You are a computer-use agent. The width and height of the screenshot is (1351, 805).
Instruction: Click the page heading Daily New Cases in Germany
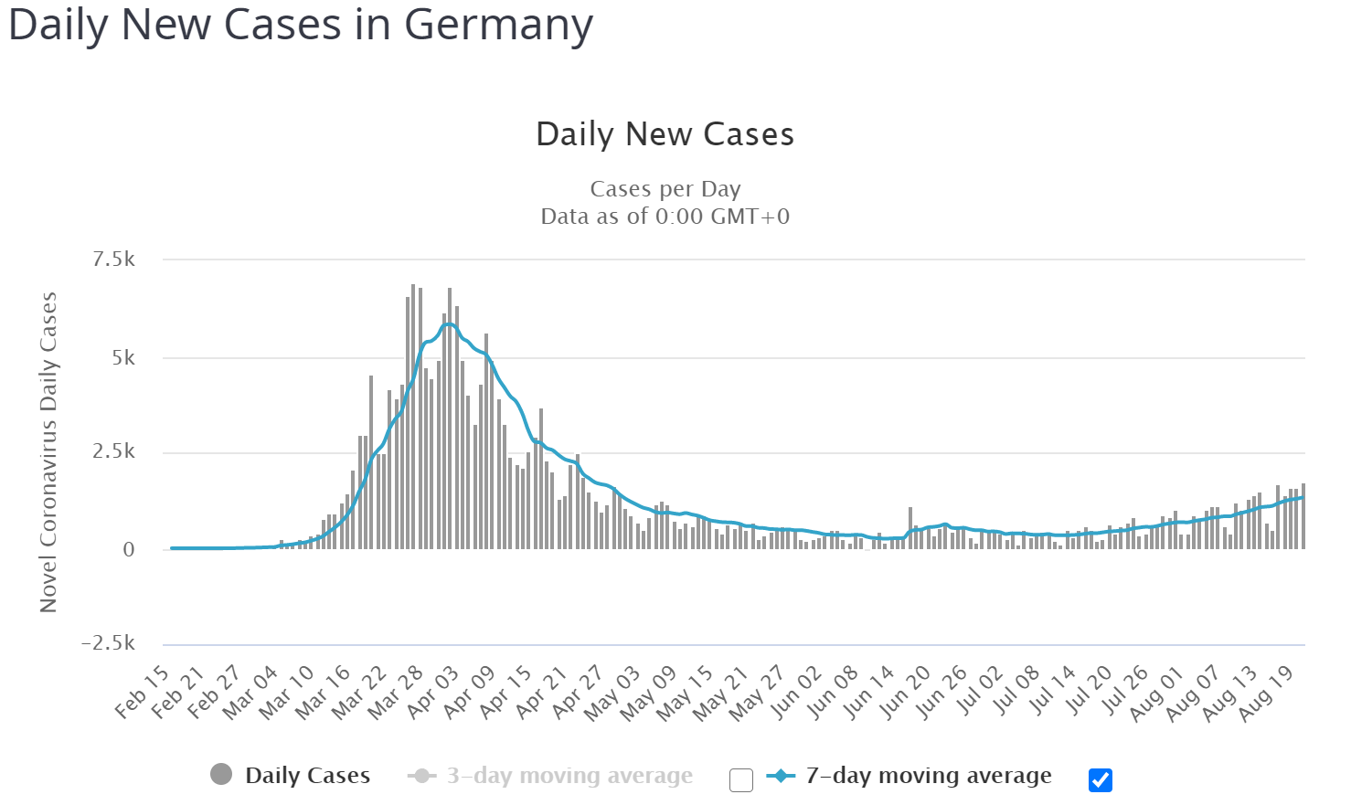click(300, 26)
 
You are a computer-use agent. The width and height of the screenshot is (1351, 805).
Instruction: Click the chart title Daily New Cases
click(665, 134)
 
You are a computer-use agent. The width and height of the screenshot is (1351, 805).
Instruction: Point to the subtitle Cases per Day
click(665, 189)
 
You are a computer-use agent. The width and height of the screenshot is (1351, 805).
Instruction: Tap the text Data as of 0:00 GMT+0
click(665, 217)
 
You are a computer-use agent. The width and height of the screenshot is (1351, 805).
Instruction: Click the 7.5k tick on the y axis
click(113, 260)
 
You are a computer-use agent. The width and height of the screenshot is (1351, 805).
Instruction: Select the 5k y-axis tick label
click(122, 357)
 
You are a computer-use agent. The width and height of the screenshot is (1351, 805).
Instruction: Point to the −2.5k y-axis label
click(108, 643)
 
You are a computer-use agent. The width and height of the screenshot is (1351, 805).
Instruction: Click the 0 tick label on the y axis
click(129, 549)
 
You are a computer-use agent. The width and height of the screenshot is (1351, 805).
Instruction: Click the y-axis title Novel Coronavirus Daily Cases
click(48, 452)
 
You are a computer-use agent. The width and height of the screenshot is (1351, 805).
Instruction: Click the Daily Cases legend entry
click(307, 776)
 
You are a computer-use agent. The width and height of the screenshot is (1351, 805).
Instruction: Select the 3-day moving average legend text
click(569, 776)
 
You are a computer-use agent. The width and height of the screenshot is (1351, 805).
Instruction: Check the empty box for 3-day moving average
click(741, 779)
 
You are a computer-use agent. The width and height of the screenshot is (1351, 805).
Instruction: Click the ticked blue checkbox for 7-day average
click(1101, 779)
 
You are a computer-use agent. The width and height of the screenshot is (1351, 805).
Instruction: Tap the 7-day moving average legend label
click(929, 776)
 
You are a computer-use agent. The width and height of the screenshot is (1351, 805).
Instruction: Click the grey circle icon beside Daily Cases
click(221, 775)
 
